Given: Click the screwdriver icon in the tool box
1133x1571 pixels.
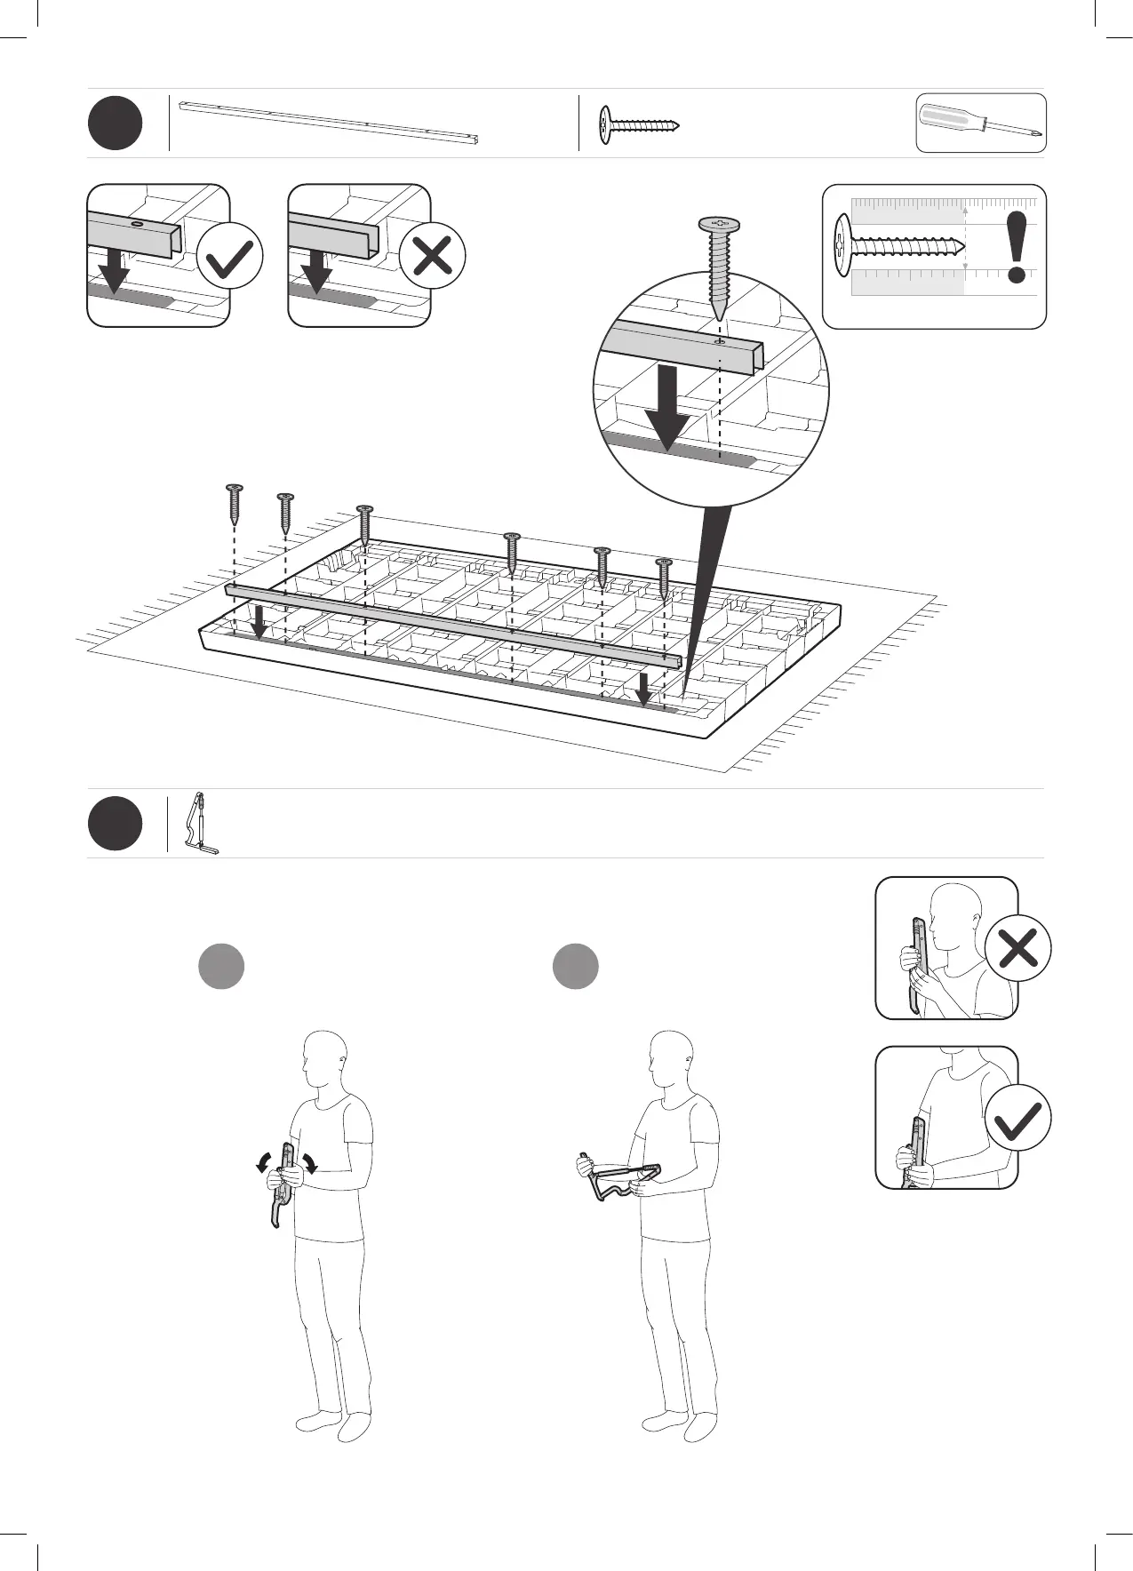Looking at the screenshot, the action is (981, 123).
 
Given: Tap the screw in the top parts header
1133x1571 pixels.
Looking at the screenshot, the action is (638, 125).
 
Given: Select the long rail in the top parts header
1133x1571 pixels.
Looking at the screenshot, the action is (329, 122).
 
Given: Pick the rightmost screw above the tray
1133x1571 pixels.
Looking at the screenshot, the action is (664, 577).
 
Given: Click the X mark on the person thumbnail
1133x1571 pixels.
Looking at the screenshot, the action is (1018, 947).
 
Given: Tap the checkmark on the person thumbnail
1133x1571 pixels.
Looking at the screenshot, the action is (1018, 1118).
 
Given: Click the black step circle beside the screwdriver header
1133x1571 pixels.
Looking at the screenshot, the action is (115, 124).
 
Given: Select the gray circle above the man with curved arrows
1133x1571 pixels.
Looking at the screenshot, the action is (221, 966).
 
